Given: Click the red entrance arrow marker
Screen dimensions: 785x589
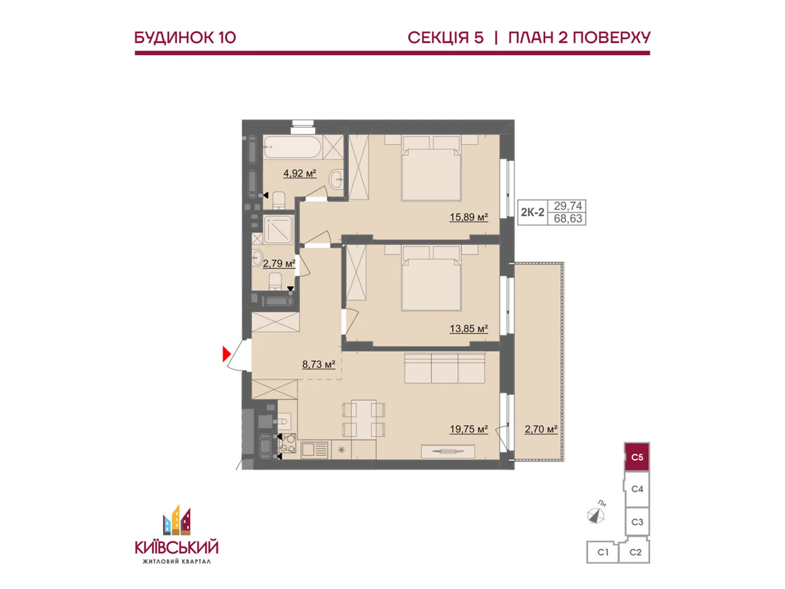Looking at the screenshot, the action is coord(226,354).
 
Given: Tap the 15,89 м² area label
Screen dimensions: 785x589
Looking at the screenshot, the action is coord(469,217).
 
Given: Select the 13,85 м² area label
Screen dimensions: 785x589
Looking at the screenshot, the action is coord(469,328).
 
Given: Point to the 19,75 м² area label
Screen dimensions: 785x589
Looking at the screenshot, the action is coord(469,429).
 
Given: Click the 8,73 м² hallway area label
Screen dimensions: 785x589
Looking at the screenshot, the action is coord(318,364).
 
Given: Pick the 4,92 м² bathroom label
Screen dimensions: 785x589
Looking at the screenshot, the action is coord(300,173).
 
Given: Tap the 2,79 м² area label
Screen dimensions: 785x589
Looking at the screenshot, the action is coord(279,264).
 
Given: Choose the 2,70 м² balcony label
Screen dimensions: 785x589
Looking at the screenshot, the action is coord(541,429).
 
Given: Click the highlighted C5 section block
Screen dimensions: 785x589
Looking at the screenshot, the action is coord(637,456).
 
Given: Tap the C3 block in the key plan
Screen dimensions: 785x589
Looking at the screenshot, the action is coord(637,522).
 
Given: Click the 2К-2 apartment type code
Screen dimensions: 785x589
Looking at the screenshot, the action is coord(532,212).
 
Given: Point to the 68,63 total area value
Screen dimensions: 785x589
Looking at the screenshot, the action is coord(568,218).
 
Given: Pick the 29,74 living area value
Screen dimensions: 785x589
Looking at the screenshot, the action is coord(568,206).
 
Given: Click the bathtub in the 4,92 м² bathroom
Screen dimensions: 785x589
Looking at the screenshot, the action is coord(293,147).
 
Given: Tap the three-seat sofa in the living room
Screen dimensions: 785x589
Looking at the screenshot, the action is coord(445,368).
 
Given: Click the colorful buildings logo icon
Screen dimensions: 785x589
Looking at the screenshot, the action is coord(177,520).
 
